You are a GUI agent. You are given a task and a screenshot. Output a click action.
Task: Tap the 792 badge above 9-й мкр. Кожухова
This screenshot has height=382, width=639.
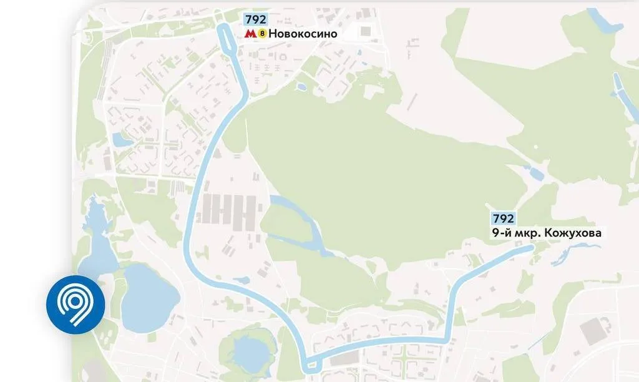[504, 219]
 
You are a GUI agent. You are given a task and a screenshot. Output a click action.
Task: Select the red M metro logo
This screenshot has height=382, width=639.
[250, 34]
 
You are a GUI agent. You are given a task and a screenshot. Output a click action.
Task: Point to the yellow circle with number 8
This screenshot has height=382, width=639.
[262, 34]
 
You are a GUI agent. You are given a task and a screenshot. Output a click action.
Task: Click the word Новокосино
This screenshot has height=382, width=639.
[303, 34]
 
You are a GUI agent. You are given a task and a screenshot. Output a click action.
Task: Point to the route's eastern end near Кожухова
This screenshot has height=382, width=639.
[530, 248]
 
